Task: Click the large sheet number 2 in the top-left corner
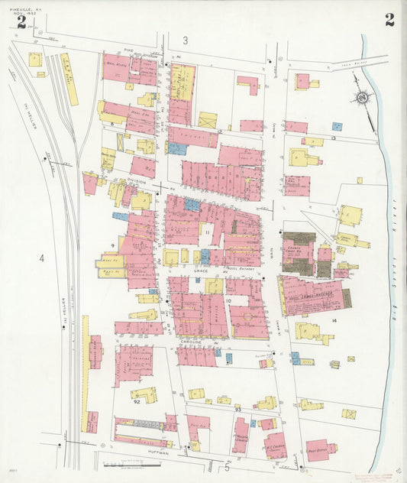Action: (x=21, y=22)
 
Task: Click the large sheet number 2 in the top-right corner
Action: (x=389, y=21)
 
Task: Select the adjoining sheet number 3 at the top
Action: (x=185, y=40)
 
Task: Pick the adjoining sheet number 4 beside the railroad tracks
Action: (x=42, y=259)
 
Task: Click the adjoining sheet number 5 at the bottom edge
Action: (x=226, y=468)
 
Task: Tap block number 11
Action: (x=207, y=232)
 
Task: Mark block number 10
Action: (x=228, y=301)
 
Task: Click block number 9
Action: (x=112, y=245)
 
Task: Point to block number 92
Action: (x=136, y=400)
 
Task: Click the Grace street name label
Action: (x=201, y=271)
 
